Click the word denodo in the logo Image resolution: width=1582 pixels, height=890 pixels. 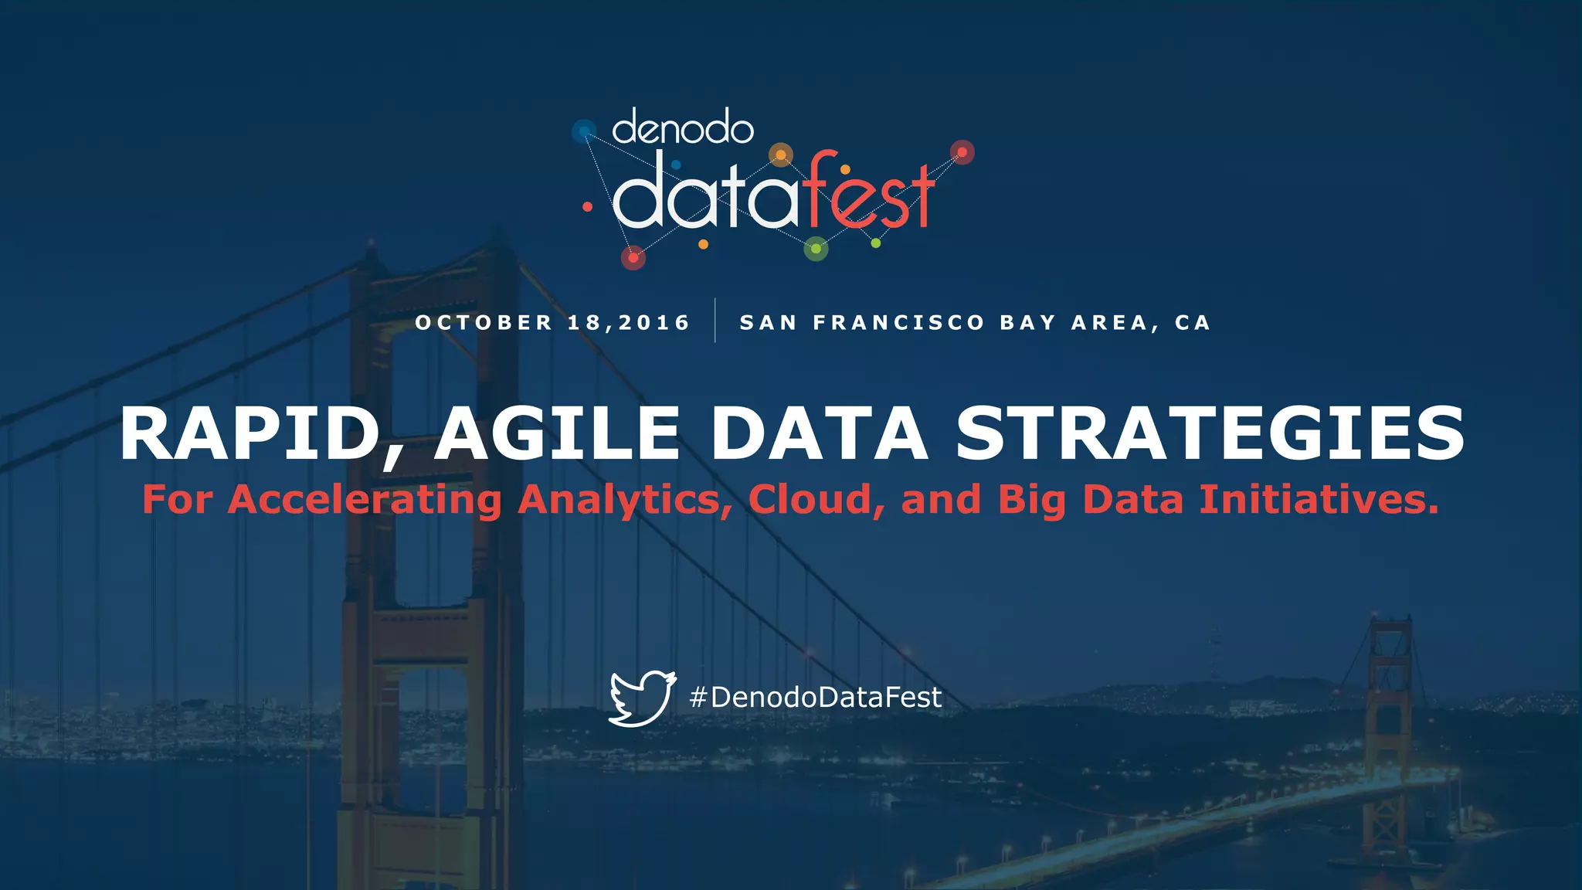click(x=683, y=128)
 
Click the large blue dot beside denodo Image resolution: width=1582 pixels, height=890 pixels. click(x=584, y=131)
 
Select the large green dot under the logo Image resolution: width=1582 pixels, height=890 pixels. click(x=816, y=249)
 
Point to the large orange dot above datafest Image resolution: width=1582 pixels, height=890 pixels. click(x=781, y=155)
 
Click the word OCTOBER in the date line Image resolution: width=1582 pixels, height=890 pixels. click(x=484, y=322)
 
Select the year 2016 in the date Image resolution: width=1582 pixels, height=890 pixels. click(x=654, y=322)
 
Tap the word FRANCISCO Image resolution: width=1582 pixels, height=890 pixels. click(x=898, y=322)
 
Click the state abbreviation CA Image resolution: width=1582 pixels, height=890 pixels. click(x=1193, y=322)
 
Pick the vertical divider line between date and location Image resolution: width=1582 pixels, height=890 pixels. click(x=715, y=320)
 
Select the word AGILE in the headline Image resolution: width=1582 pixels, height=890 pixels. click(x=557, y=434)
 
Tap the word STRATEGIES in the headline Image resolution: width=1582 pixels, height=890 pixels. click(x=1210, y=434)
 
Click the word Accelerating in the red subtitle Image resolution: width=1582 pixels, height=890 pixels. click(x=365, y=499)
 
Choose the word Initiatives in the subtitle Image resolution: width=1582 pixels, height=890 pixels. click(x=1319, y=499)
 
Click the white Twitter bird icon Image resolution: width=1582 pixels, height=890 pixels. click(x=642, y=698)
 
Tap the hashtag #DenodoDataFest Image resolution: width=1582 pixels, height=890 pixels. click(x=815, y=698)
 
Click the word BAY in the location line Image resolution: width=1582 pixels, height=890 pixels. click(x=1028, y=322)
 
